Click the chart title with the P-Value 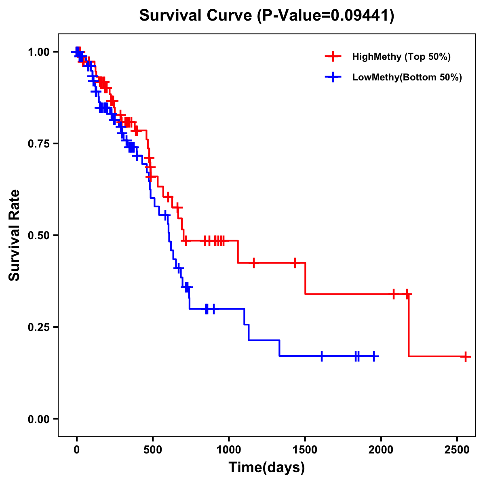267,16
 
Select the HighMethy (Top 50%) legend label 401,57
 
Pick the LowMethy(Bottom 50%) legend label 407,77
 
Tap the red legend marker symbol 333,57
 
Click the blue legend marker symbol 333,77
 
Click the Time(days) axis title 267,468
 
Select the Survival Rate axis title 15,235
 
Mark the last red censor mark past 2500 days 466,357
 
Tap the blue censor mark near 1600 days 322,356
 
